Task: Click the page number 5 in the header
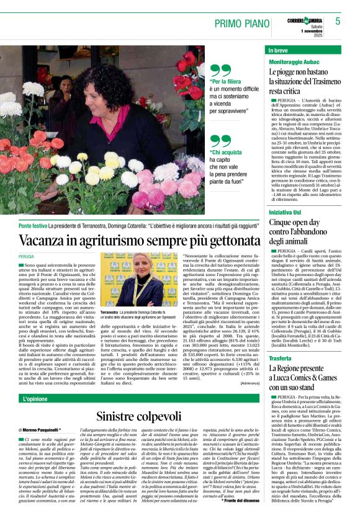338,21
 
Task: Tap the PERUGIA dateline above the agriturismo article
27,256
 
